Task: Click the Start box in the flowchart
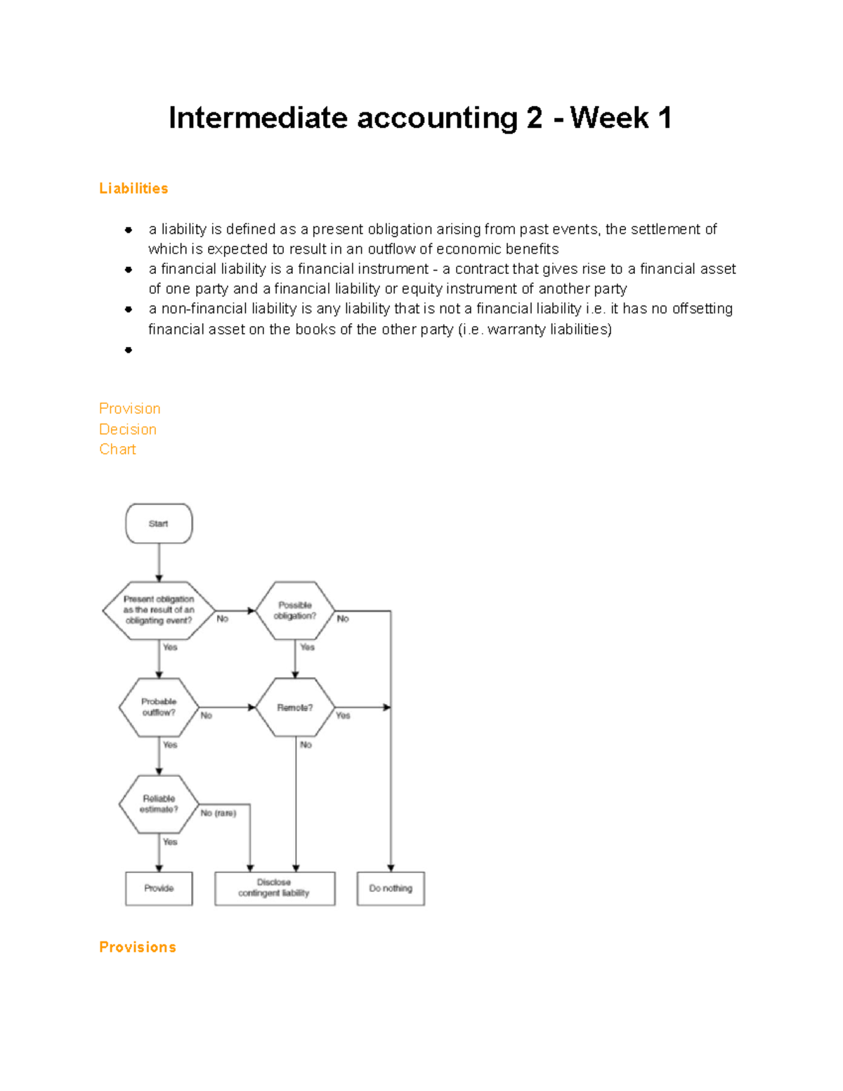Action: [159, 523]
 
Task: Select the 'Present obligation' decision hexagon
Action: [159, 610]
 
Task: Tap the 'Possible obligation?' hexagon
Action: [295, 610]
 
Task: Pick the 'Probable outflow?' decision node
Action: [159, 707]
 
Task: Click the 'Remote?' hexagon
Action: [295, 707]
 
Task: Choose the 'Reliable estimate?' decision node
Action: [159, 804]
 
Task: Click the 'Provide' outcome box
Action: [159, 888]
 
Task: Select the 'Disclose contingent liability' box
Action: [274, 888]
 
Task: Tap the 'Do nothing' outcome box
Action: [391, 888]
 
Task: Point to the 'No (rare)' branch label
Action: [218, 813]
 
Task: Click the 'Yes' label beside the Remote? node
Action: [343, 715]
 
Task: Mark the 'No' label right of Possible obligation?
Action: [343, 619]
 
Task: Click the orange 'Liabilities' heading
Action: [133, 188]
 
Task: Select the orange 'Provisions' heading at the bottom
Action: [138, 947]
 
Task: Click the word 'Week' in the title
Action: [609, 118]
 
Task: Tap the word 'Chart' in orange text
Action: [117, 450]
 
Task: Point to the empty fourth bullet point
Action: [129, 350]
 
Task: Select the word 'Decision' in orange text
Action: [128, 429]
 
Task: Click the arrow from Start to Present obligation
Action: [159, 562]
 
